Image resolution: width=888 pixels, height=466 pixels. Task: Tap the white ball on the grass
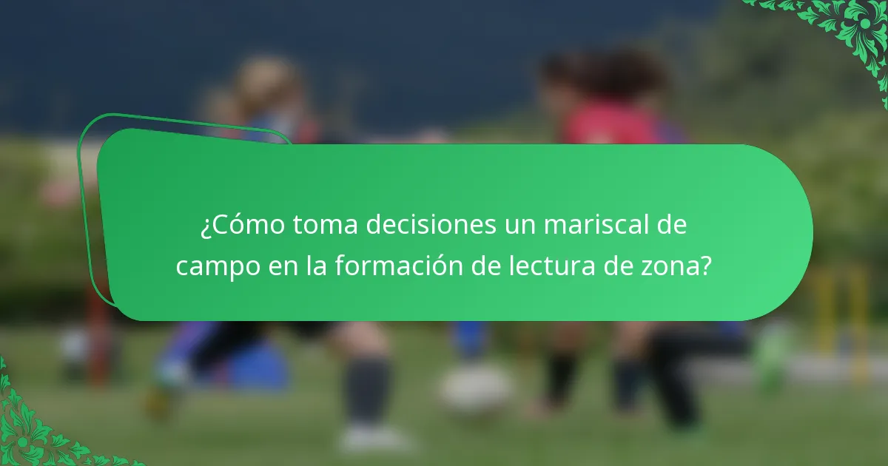pos(477,388)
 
